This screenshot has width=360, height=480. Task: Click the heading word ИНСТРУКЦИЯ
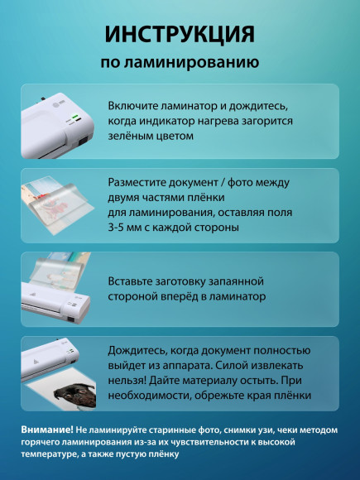(x=180, y=34)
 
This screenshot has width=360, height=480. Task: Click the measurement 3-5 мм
(x=129, y=227)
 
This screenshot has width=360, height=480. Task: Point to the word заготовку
(x=197, y=281)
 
